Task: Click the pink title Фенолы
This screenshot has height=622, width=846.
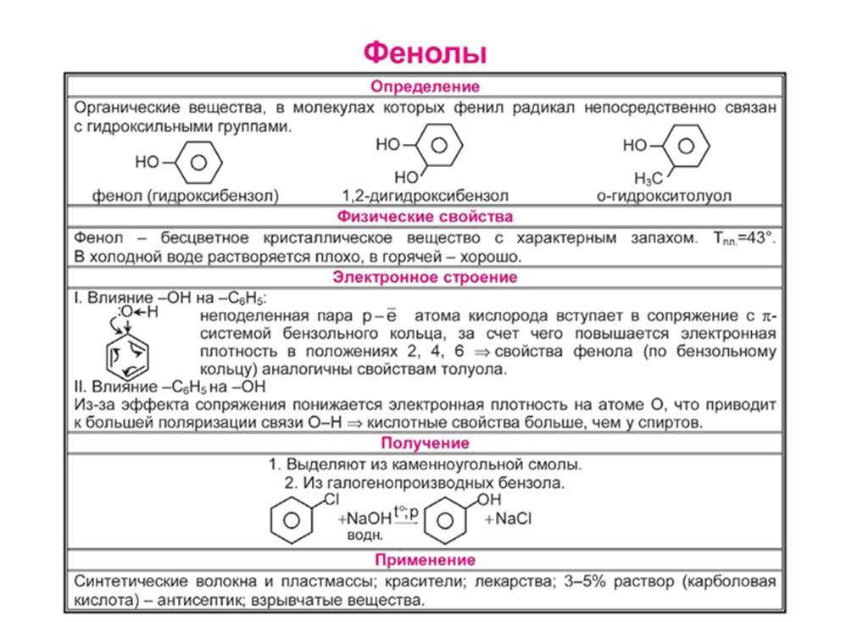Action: click(x=425, y=53)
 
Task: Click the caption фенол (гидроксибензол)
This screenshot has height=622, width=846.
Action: click(x=185, y=196)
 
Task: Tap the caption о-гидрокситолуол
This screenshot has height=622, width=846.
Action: click(x=664, y=196)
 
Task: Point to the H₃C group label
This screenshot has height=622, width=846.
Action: click(x=648, y=178)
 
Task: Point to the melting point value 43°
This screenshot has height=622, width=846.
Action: click(x=757, y=239)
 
